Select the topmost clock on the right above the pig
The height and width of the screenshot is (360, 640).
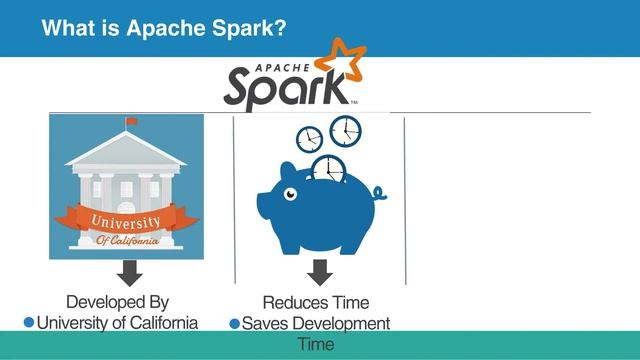(345, 130)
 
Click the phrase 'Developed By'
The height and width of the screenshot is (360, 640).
(117, 302)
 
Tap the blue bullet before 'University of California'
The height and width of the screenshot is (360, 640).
(29, 322)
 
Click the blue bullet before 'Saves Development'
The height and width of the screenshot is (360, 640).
(235, 323)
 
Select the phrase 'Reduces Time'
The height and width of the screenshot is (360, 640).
(316, 302)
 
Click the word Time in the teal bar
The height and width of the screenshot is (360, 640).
(316, 344)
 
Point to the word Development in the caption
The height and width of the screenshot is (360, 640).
(340, 323)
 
